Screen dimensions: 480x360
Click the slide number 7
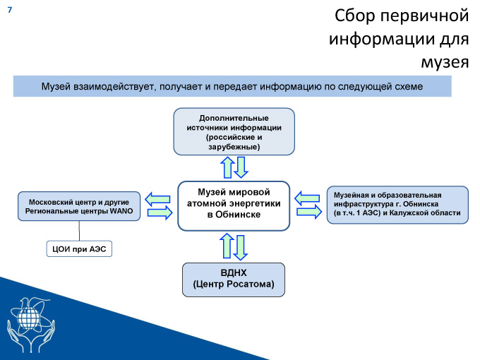(10, 10)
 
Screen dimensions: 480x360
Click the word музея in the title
(445, 62)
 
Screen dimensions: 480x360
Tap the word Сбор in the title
(354, 16)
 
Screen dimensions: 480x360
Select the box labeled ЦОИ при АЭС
(79, 248)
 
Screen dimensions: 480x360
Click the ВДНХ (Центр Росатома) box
(234, 280)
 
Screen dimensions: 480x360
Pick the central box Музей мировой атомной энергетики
(234, 205)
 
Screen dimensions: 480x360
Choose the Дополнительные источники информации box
(234, 131)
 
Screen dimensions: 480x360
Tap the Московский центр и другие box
(79, 206)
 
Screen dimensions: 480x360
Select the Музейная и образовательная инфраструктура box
(397, 205)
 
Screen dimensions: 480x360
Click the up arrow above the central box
(227, 167)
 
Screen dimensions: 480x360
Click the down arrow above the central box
(241, 167)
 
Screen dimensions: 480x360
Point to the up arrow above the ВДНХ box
(227, 246)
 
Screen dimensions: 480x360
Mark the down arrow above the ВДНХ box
(240, 248)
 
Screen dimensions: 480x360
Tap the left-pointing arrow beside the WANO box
(157, 199)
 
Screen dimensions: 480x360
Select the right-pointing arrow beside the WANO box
(160, 212)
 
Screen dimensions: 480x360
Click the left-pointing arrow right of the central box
(307, 198)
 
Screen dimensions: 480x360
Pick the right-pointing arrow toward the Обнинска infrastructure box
(309, 212)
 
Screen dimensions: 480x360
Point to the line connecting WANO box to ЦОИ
(79, 231)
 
